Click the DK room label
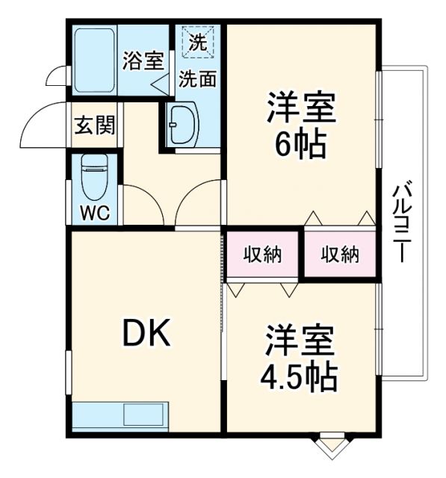pos(146,334)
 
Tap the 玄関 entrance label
pos(94,125)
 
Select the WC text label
pos(95,212)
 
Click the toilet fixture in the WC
pos(95,177)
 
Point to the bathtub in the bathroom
pos(94,61)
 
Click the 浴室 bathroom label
pos(142,60)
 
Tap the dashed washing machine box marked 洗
pos(198,43)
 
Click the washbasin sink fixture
pos(181,123)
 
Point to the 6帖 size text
pos(300,143)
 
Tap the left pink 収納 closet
pos(263,255)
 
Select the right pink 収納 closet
pos(340,255)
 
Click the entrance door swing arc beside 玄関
pos(41,128)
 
